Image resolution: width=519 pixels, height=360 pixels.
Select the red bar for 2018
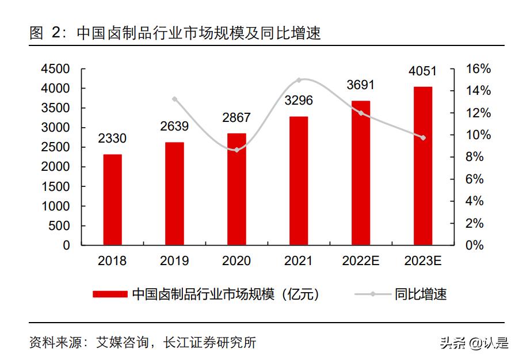112,200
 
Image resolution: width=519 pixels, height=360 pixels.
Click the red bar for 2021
299,181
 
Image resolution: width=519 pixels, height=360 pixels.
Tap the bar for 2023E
422,166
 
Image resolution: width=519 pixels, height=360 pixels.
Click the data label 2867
236,117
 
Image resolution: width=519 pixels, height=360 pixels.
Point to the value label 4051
422,71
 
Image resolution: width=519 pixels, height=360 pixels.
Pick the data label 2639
174,126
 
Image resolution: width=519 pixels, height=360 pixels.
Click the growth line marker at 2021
299,80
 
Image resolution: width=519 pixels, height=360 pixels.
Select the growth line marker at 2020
236,150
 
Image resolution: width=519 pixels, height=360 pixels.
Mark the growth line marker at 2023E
423,137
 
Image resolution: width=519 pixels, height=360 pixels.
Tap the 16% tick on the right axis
478,69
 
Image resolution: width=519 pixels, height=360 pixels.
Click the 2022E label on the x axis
360,261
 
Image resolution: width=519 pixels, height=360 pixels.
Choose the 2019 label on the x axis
174,261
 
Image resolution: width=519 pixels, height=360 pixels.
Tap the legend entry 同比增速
420,294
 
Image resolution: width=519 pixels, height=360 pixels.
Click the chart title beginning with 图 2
175,33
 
